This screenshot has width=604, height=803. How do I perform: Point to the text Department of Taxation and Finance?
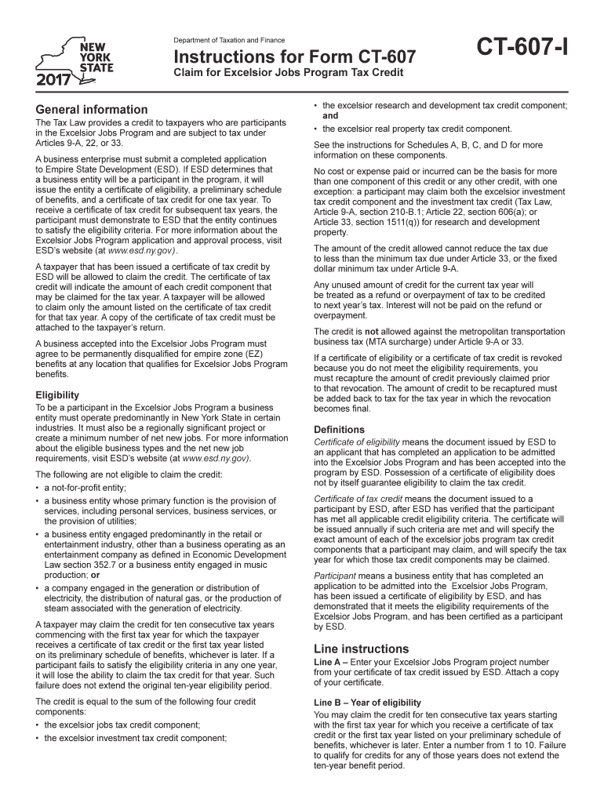coord(229,40)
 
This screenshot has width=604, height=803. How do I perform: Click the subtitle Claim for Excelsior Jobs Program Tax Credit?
coord(288,73)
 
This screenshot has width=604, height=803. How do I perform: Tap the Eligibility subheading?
coord(57,395)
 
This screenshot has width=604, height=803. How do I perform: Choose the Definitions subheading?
coord(339,430)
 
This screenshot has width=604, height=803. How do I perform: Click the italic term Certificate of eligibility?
coord(356,442)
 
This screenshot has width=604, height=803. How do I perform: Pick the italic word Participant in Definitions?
coord(334,576)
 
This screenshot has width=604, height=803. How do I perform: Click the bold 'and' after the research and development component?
coord(331,115)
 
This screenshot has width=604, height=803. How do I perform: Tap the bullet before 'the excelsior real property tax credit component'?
coord(315,129)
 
